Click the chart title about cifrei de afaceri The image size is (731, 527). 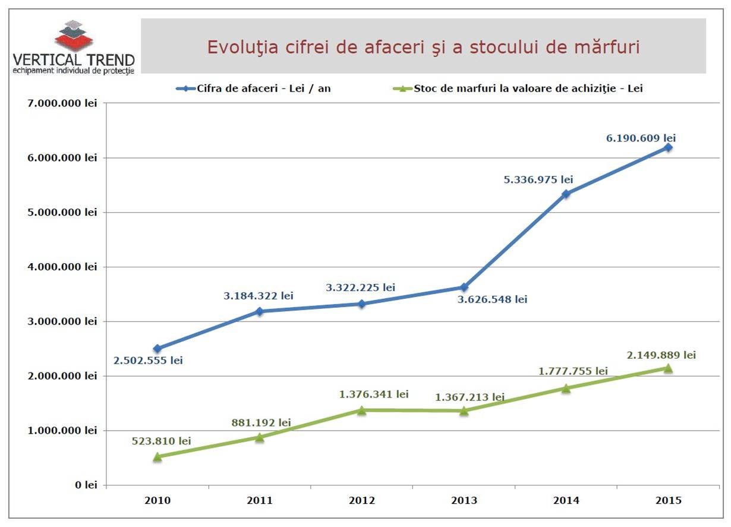423,48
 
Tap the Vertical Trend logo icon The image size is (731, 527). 74,36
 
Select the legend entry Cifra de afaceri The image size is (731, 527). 253,89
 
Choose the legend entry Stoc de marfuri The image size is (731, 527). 518,89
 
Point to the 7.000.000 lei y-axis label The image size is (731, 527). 62,103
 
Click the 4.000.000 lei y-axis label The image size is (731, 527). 62,267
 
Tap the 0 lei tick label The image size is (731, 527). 86,485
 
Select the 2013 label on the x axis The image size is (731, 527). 464,501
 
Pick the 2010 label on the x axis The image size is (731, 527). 157,501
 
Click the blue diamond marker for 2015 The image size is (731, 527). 668,147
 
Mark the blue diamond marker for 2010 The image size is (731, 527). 157,349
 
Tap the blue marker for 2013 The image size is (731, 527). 464,287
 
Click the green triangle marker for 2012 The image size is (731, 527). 361,410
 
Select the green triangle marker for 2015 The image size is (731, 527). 668,368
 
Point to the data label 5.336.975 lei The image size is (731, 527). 538,179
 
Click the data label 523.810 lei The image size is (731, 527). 161,441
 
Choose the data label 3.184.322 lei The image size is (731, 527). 259,296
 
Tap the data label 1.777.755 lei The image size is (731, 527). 573,371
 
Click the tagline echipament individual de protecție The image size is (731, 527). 74,71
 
